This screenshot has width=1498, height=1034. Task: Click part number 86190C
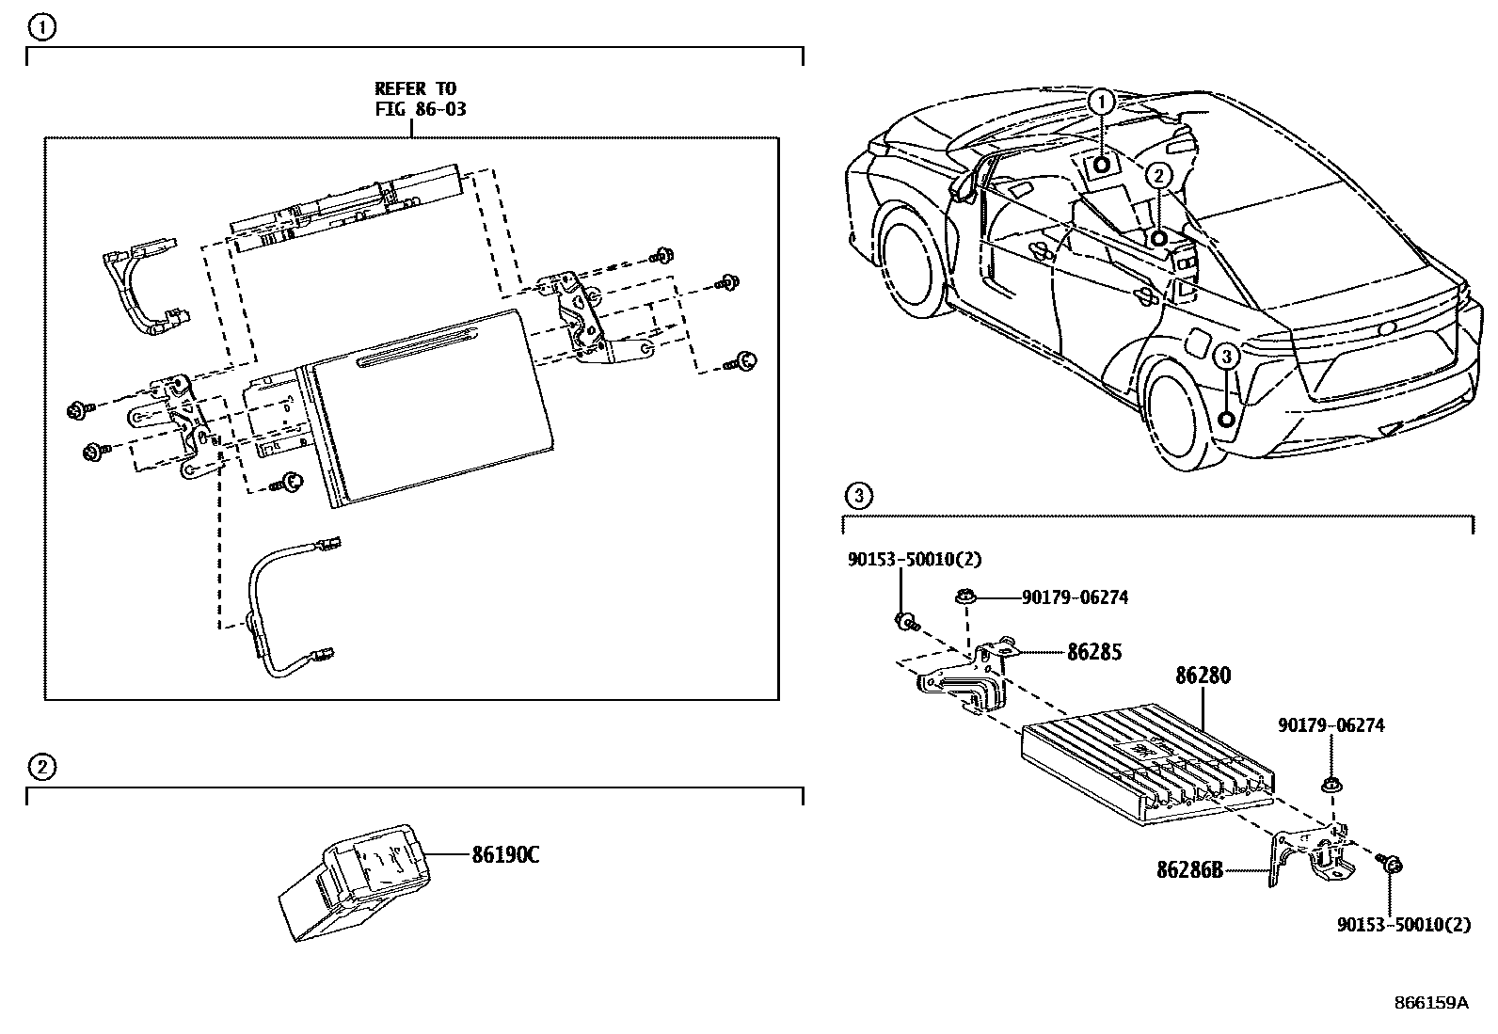point(504,854)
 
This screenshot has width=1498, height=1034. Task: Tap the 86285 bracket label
point(1093,651)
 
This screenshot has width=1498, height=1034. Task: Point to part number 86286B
point(1189,870)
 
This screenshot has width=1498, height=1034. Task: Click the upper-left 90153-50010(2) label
point(914,559)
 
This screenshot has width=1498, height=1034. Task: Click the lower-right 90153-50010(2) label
point(1403,925)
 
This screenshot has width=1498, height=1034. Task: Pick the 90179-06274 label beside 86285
point(1074,597)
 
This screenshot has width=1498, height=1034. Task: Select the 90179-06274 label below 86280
point(1331,725)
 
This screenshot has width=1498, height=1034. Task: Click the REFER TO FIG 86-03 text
point(420,99)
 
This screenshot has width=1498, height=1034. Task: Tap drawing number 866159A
point(1430,1003)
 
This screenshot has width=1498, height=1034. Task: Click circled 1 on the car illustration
point(1101,102)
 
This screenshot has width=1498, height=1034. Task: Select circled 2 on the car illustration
point(1159,175)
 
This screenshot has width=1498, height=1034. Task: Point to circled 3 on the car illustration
point(1225,357)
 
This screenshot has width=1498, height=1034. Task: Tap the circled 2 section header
point(40,767)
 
